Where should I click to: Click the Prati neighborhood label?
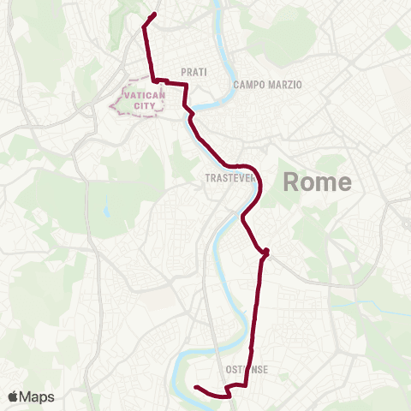coord(194,73)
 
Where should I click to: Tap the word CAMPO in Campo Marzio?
coord(250,85)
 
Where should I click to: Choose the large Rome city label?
coord(317,182)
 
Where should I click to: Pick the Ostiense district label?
coord(247,370)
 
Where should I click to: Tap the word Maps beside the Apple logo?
coord(38,396)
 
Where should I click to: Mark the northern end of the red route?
coord(154,14)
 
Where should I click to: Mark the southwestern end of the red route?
coord(196,388)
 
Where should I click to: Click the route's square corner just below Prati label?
coord(186,86)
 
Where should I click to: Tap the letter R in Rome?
coord(290,182)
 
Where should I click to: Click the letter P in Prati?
coord(184,73)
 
